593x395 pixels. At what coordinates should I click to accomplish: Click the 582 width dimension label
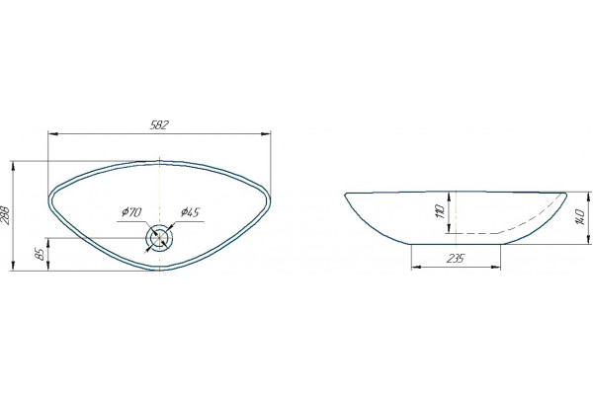pyautogui.click(x=158, y=125)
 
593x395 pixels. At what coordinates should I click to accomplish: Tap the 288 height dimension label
pyautogui.click(x=5, y=215)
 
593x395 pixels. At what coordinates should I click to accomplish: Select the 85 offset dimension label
pyautogui.click(x=41, y=254)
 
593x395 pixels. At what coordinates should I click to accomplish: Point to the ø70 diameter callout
pyautogui.click(x=131, y=212)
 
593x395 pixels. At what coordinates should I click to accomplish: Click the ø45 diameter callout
pyautogui.click(x=190, y=212)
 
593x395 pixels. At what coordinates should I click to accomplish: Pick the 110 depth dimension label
pyautogui.click(x=439, y=212)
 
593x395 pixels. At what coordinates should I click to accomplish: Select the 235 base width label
pyautogui.click(x=456, y=259)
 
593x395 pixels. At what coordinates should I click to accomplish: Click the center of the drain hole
pyautogui.click(x=159, y=238)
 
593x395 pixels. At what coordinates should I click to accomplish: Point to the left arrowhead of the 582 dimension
pyautogui.click(x=52, y=134)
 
